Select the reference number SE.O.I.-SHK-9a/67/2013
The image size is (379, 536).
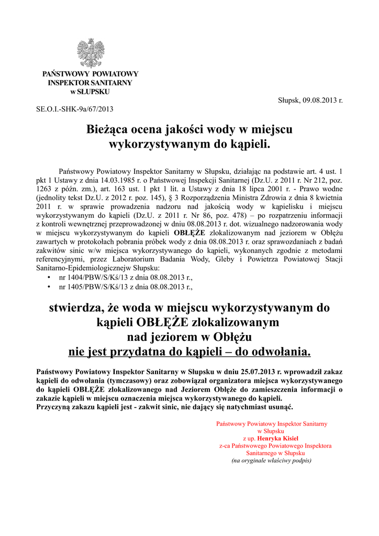click(74, 109)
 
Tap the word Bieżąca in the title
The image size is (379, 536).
click(113, 129)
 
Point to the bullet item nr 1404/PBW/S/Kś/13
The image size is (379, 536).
click(126, 277)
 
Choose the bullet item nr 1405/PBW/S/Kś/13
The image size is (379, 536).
click(126, 287)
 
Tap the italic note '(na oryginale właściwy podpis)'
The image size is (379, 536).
click(272, 461)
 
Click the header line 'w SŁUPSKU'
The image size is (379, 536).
click(90, 92)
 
